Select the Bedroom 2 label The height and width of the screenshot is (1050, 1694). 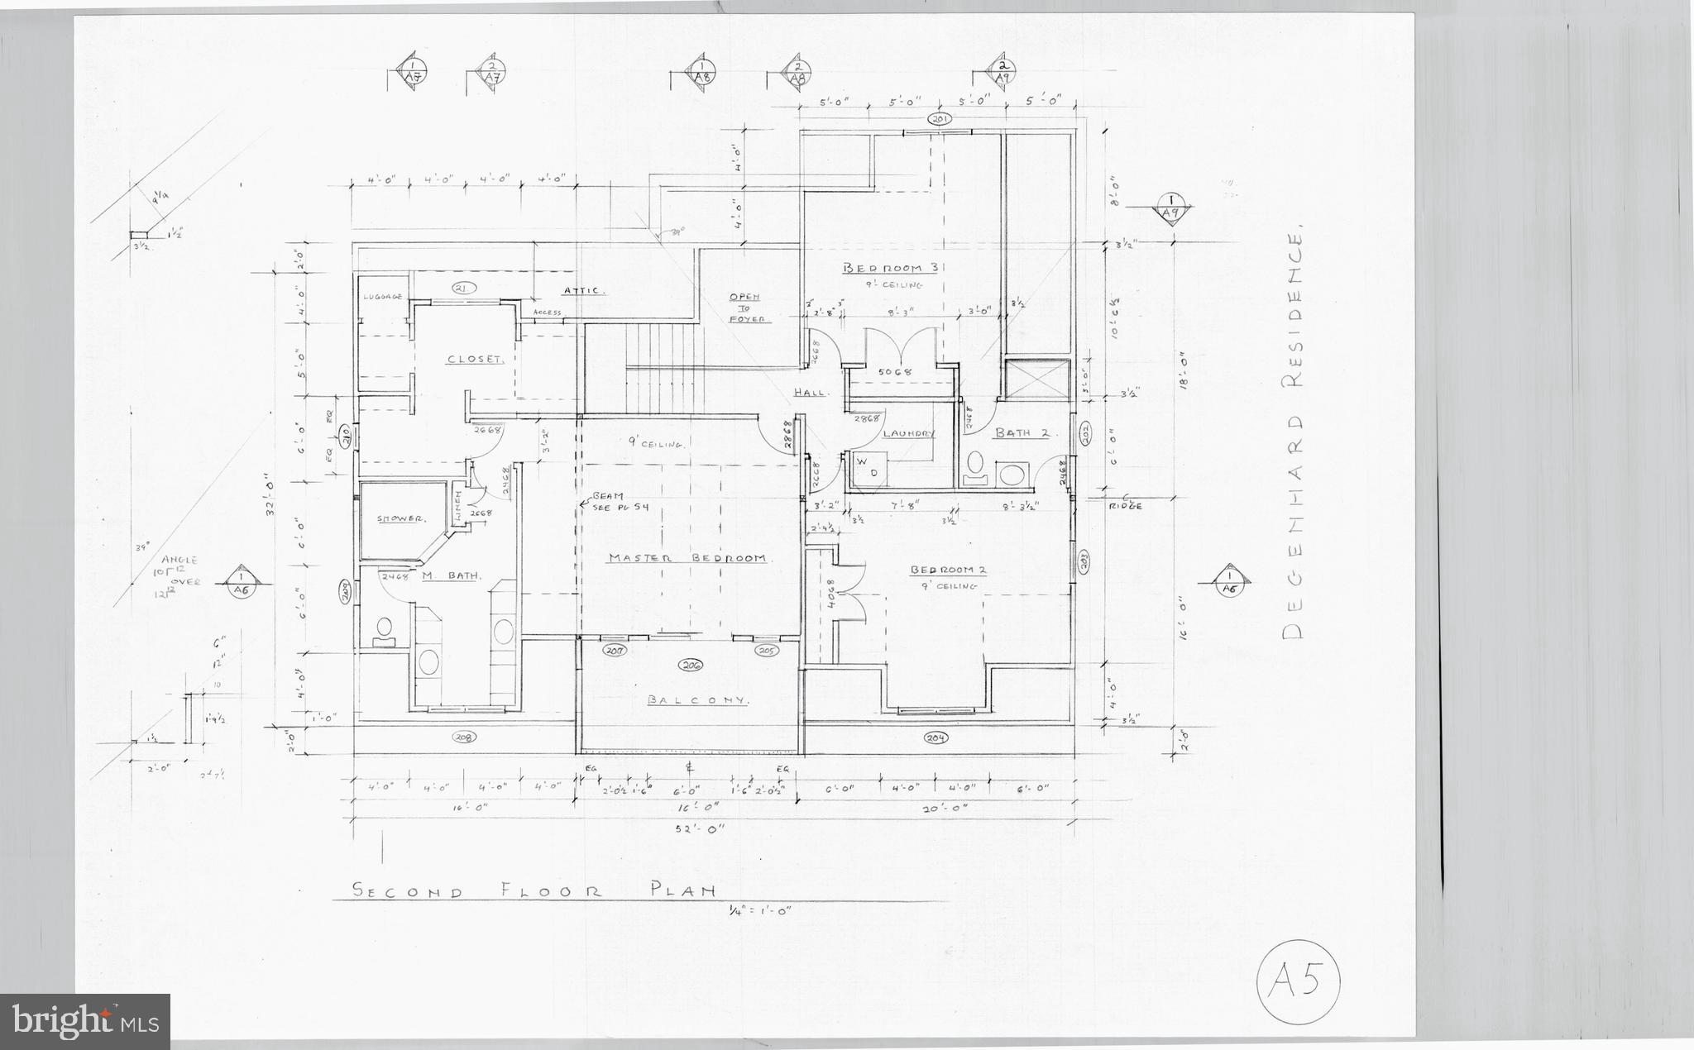(948, 570)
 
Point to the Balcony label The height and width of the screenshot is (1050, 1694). (698, 700)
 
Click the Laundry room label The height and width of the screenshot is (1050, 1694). (908, 434)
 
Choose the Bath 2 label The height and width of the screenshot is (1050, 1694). (1021, 432)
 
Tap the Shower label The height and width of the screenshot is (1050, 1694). (401, 519)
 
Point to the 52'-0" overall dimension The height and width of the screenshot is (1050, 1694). (699, 828)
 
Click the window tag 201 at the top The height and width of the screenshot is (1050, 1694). (940, 119)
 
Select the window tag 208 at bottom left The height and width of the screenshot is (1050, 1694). (465, 737)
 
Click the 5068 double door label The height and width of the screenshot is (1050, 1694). (894, 372)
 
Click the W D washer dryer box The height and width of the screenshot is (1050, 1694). (867, 467)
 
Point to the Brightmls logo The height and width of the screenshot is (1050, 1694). (86, 1021)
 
